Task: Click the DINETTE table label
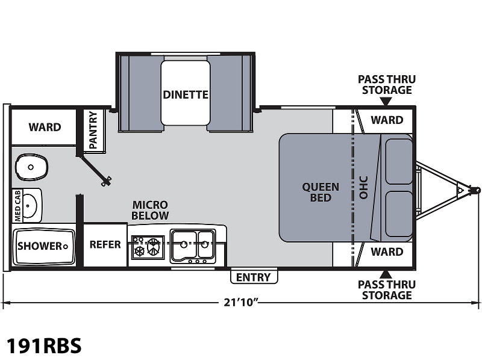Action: [x=186, y=94]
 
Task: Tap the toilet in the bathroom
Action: [x=32, y=167]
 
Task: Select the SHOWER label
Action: [x=40, y=246]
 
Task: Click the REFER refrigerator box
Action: [x=105, y=245]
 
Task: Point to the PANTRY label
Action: [x=93, y=130]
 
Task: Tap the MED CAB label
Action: [x=17, y=205]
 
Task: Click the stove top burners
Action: [x=148, y=246]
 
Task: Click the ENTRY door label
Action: [x=253, y=277]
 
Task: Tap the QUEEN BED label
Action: [x=321, y=192]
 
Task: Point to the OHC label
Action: [x=363, y=188]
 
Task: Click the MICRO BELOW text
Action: [x=150, y=210]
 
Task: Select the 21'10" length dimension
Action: [x=240, y=303]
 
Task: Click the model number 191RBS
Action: [x=44, y=345]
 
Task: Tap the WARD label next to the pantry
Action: [x=45, y=127]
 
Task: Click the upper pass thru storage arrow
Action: [x=386, y=101]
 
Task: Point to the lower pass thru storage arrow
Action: [x=386, y=274]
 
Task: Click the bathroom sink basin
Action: [x=30, y=205]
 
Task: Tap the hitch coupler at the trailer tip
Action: [x=476, y=190]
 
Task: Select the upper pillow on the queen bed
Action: [x=399, y=161]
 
